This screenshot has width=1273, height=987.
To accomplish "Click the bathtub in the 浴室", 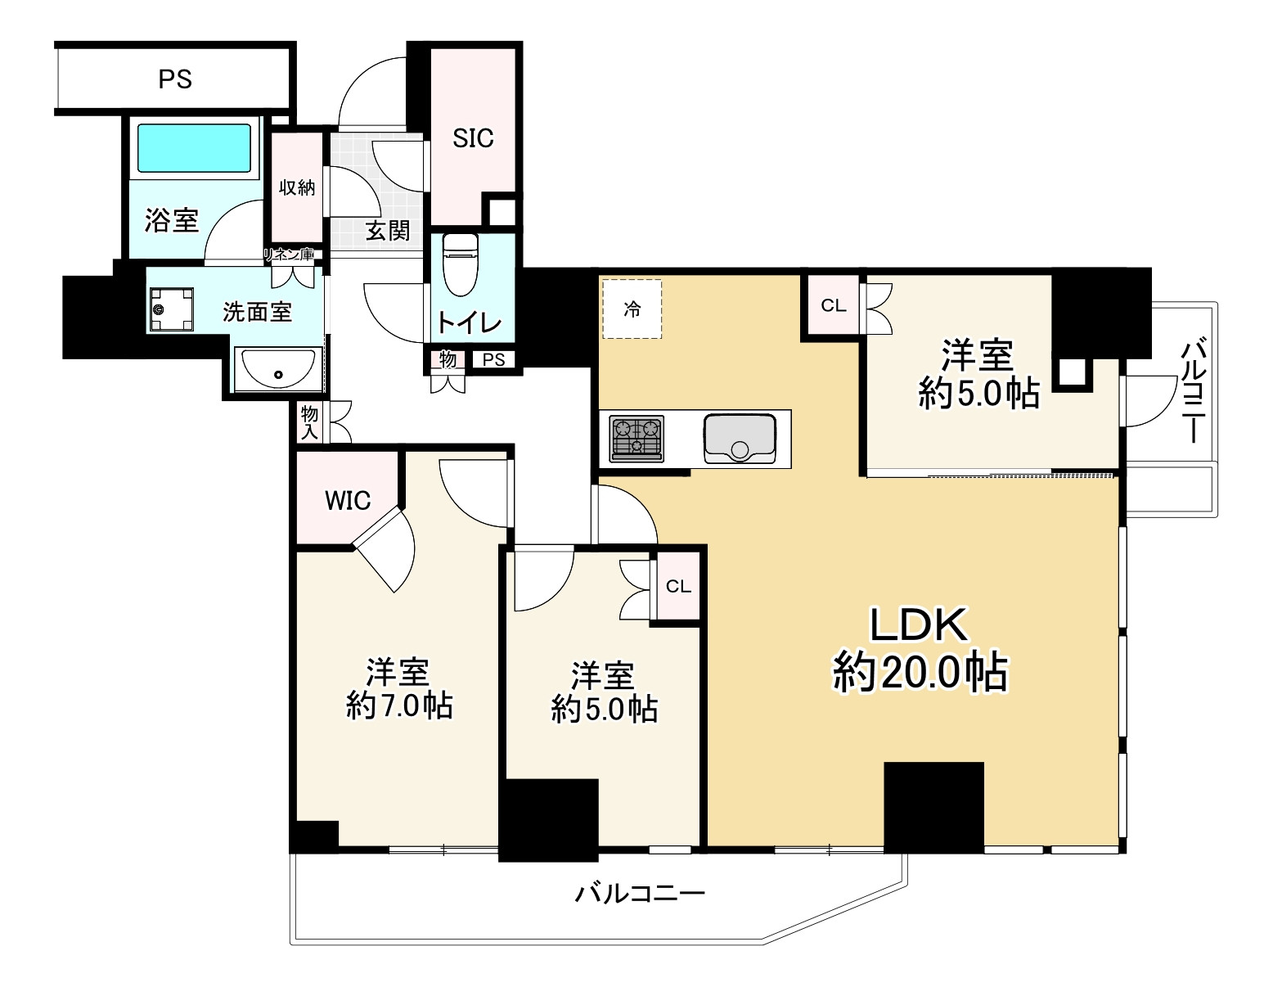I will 194,148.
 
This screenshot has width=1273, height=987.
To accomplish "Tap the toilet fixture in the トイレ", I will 460,264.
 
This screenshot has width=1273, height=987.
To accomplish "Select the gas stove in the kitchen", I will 636,438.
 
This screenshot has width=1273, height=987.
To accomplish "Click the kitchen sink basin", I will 740,438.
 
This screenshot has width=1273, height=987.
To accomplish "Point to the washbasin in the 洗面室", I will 278,369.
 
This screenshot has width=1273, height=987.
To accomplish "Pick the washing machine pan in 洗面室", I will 171,309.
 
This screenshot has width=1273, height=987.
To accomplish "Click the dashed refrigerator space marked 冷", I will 632,309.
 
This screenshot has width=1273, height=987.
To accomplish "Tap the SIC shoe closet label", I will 473,138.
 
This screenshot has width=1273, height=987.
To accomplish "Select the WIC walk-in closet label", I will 348,500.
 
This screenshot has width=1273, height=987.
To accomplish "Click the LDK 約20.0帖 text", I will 920,650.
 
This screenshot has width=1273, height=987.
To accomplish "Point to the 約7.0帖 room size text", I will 399,705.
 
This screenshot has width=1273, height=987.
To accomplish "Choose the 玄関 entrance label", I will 388,231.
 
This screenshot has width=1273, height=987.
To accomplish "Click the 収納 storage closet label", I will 297,187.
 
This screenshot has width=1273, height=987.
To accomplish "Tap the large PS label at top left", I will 175,79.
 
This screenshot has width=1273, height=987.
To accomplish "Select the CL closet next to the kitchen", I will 834,305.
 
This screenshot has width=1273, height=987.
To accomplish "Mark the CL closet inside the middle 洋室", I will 678,586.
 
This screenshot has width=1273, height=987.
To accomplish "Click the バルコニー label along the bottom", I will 639,893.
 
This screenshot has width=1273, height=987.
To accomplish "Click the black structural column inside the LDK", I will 933,806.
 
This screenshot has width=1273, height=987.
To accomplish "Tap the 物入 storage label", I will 309,422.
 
